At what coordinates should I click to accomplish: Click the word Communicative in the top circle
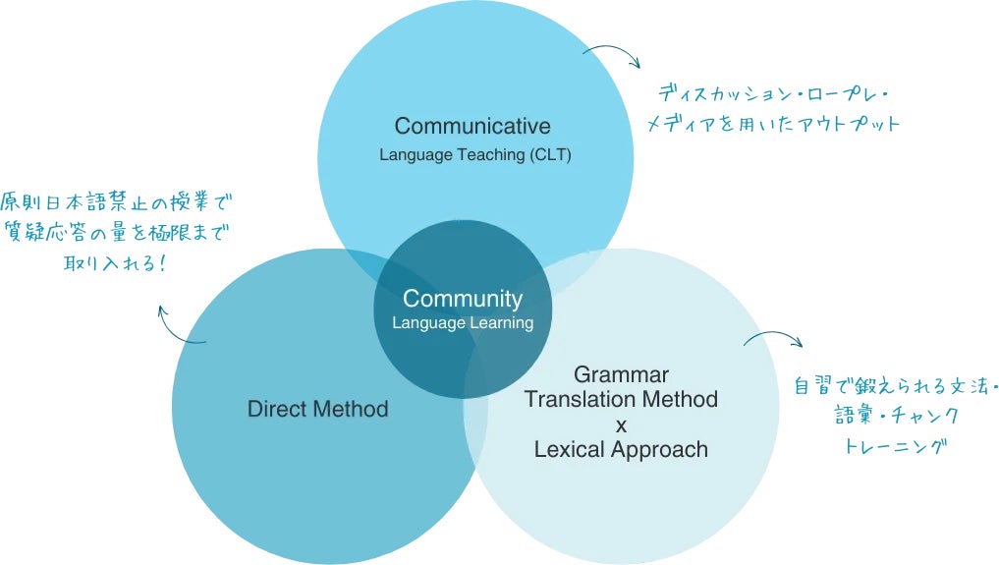tap(472, 126)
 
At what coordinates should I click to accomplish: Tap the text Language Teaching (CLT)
tap(474, 155)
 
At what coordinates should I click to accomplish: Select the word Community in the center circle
tap(463, 299)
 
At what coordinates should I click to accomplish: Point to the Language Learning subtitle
tap(463, 322)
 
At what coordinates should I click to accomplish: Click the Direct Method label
tap(317, 409)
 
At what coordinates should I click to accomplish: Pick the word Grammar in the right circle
tap(621, 374)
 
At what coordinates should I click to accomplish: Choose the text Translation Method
tap(621, 399)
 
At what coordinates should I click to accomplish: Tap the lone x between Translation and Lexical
tap(620, 424)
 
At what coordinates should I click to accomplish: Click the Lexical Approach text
tap(621, 449)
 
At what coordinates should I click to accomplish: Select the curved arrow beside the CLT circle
tap(611, 53)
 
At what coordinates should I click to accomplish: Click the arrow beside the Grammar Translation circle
tap(773, 340)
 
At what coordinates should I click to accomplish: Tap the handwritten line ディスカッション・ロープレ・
tap(773, 96)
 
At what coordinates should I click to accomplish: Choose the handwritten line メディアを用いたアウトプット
tap(772, 125)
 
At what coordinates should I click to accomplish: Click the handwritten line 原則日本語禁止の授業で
tap(119, 203)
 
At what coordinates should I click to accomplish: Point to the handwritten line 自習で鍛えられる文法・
tap(895, 386)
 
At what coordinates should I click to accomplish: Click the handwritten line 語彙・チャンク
tap(896, 416)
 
